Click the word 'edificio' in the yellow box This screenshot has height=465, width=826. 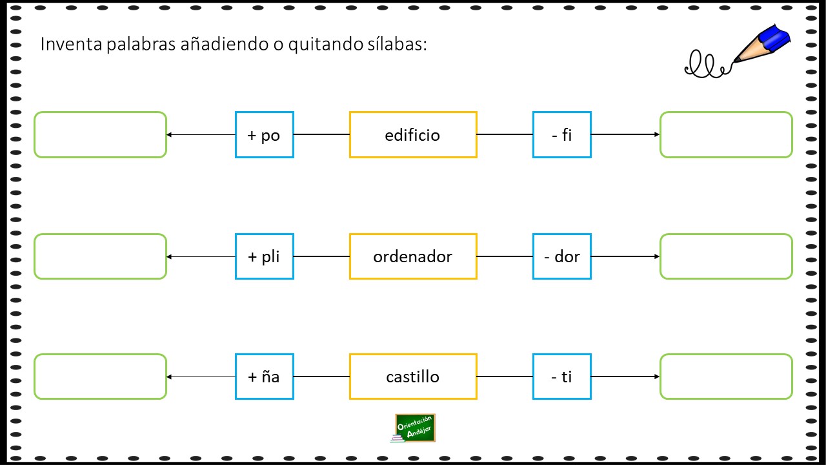point(412,135)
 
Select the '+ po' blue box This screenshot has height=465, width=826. point(265,135)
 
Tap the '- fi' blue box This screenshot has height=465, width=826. point(562,135)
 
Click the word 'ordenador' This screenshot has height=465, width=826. point(412,256)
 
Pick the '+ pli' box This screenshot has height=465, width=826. point(265,256)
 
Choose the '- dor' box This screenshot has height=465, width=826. point(562,256)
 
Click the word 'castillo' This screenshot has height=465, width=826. point(412,377)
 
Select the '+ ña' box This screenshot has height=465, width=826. point(265,377)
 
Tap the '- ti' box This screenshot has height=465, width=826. point(562,377)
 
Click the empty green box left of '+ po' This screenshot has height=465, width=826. point(100,135)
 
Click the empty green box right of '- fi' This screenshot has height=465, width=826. point(727,135)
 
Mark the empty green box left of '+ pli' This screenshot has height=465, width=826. point(100,256)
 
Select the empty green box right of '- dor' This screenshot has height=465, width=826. point(727,256)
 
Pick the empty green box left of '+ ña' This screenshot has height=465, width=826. point(100,377)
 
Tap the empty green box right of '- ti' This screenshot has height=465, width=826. point(727,377)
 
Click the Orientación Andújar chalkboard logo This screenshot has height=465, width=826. point(414,428)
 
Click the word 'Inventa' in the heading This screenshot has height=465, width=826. point(71,44)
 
